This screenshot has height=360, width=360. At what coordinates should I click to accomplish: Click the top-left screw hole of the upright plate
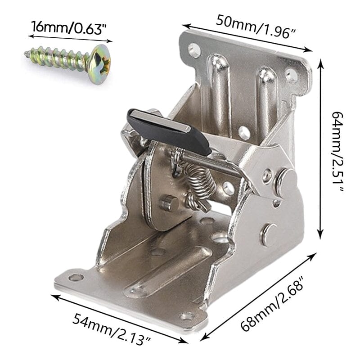(x=194, y=49)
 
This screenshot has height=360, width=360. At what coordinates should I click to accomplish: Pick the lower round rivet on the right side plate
(x=269, y=234)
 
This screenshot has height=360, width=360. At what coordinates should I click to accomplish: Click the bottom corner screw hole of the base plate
(x=187, y=316)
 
